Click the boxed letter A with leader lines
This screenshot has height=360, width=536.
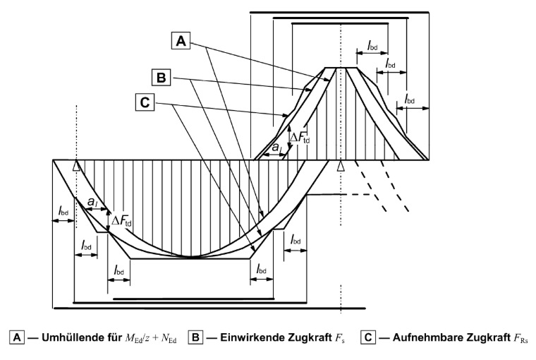click(181, 41)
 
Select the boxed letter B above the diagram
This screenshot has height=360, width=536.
click(161, 78)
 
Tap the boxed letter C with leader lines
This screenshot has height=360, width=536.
click(145, 102)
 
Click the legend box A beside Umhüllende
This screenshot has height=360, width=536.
click(17, 337)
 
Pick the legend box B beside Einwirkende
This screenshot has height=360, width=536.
click(195, 337)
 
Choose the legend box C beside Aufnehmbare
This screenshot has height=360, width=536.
click(368, 337)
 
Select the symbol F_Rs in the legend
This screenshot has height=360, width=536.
click(520, 338)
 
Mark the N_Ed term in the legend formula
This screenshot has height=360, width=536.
click(169, 338)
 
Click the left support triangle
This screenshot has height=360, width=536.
click(77, 166)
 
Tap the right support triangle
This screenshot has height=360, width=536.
click(341, 166)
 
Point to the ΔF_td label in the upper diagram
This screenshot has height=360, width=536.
click(300, 138)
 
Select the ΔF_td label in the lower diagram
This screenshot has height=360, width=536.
click(121, 221)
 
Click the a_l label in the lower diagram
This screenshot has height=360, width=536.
click(92, 202)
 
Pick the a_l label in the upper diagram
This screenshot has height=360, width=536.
click(277, 148)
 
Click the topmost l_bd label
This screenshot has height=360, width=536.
click(372, 45)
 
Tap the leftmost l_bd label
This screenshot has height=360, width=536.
click(63, 211)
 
